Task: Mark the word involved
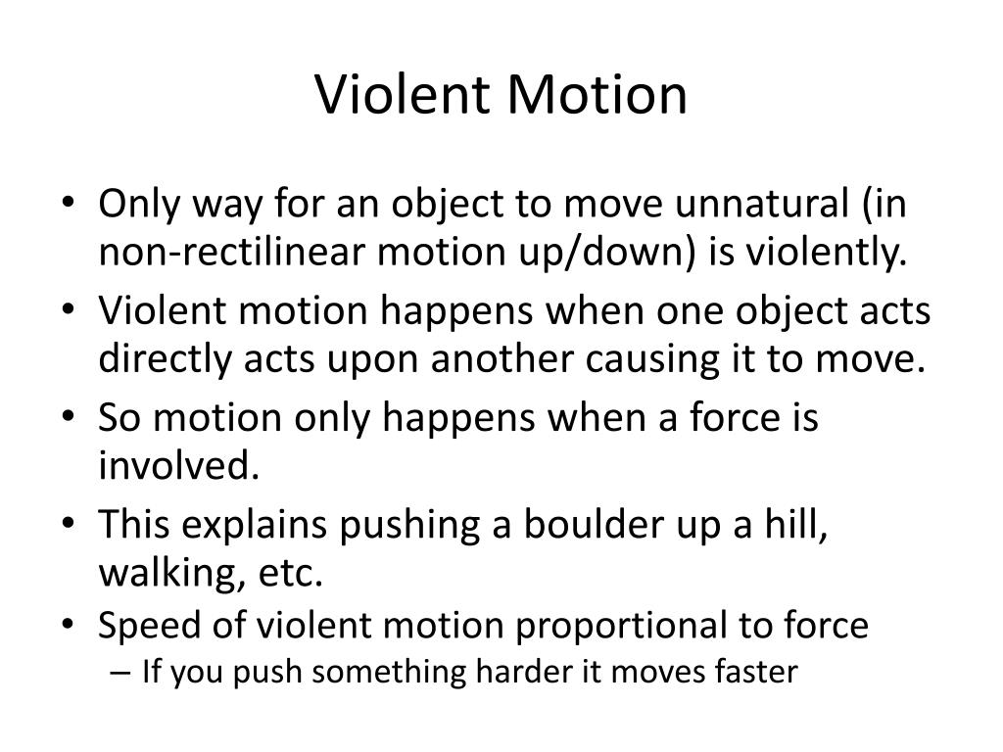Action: (178, 466)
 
